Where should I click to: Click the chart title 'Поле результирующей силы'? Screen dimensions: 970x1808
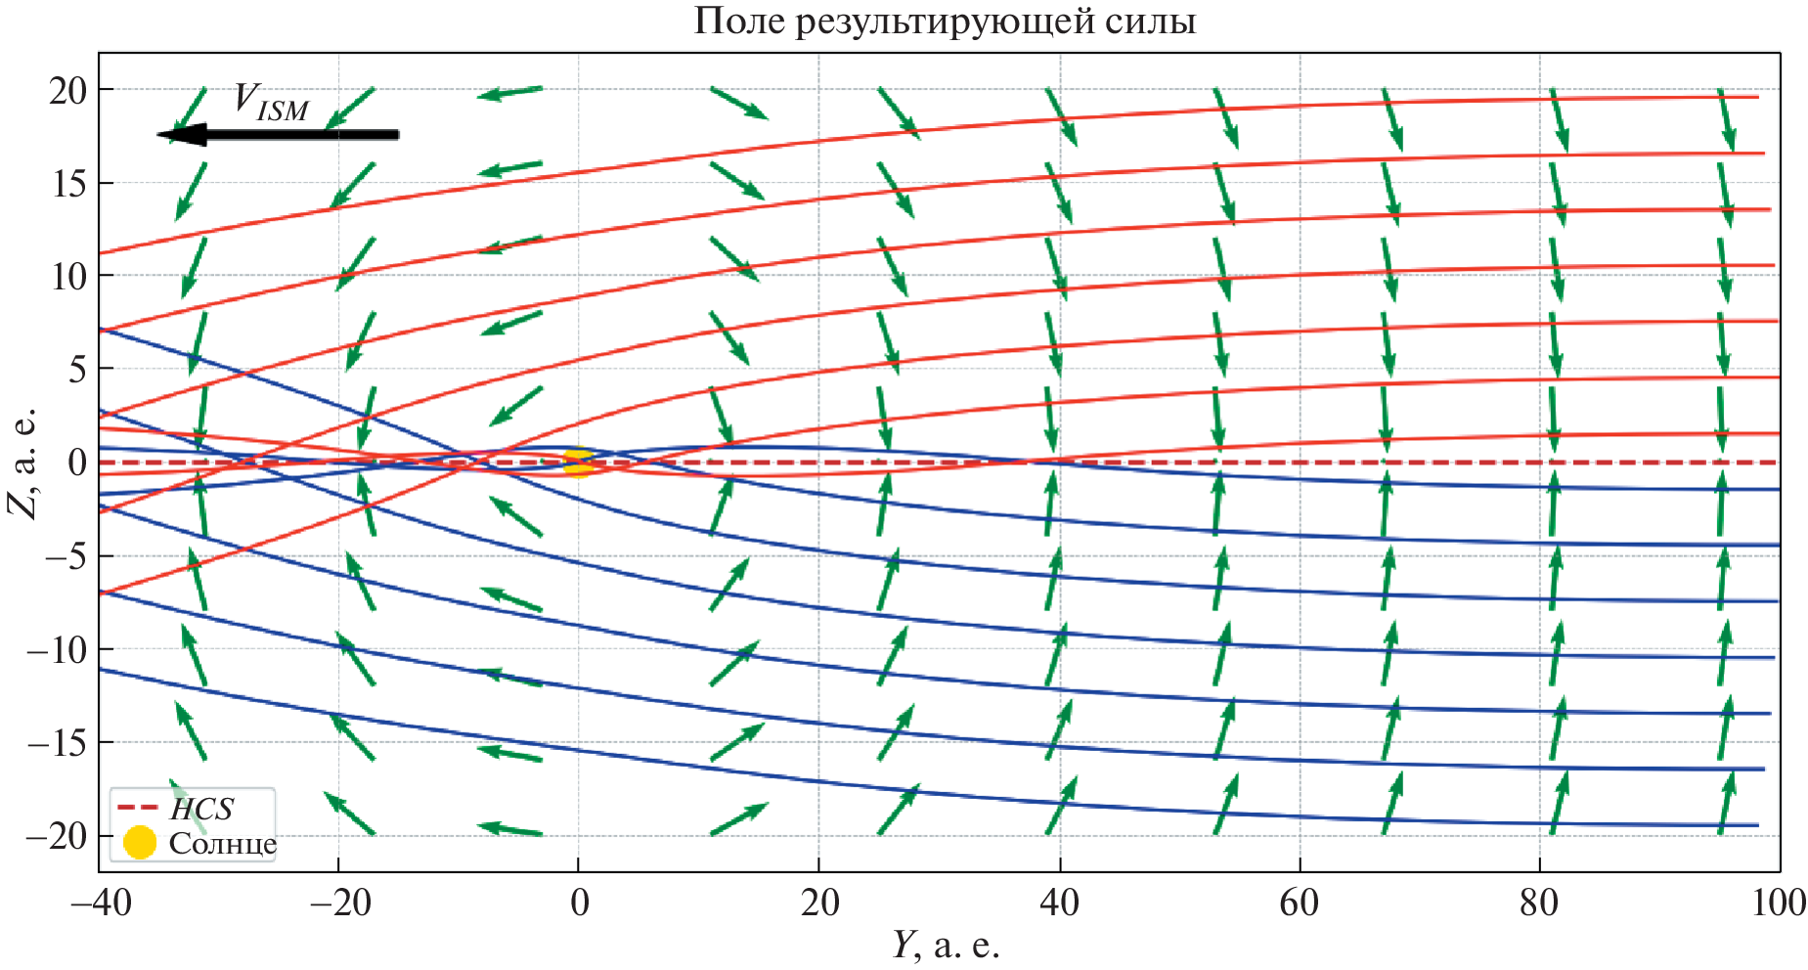(x=945, y=21)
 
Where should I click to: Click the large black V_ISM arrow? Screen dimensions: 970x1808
(x=279, y=134)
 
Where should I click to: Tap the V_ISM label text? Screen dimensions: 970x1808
(x=271, y=102)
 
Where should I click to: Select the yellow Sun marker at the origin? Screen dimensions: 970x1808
(x=578, y=463)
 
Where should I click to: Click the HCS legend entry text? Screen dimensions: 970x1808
(x=201, y=809)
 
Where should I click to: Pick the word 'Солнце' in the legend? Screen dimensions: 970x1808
(x=222, y=843)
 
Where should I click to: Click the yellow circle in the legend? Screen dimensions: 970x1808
(x=140, y=842)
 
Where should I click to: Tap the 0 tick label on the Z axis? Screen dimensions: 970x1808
(x=77, y=463)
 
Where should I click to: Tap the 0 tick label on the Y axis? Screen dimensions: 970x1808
(x=579, y=903)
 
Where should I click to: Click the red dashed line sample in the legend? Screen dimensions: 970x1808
(x=138, y=808)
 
